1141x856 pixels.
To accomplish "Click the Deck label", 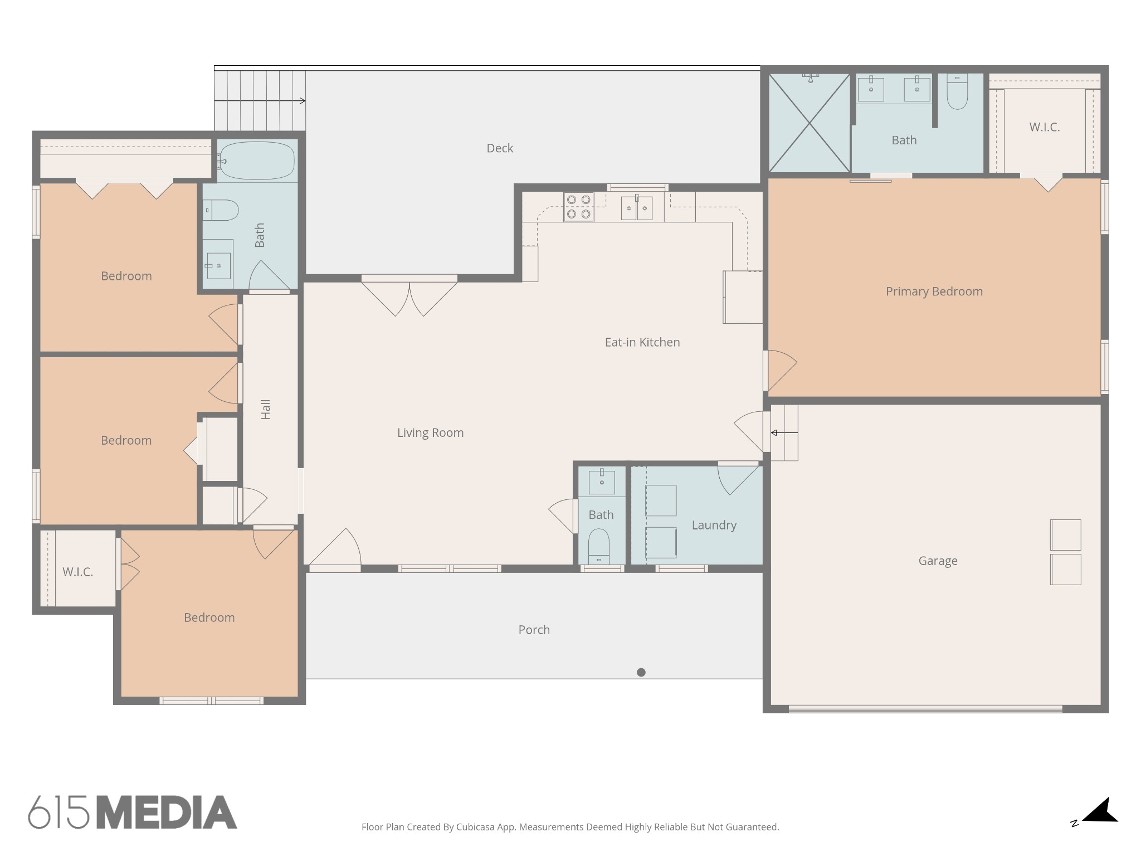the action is [x=500, y=148].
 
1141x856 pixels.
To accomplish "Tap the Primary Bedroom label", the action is [x=934, y=291].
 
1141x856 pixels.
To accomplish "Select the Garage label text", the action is [x=938, y=561].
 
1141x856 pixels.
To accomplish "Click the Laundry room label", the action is [x=714, y=526].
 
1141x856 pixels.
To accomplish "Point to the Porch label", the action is [x=534, y=630].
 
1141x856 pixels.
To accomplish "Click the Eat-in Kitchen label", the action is [x=642, y=342].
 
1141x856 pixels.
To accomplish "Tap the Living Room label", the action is [x=430, y=433].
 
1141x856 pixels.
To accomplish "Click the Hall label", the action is [x=266, y=410].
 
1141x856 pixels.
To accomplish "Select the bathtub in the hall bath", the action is [x=256, y=160].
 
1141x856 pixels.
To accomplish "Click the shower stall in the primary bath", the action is [x=810, y=123].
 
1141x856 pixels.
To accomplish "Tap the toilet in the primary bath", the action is [x=957, y=92].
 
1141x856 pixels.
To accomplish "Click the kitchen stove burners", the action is [x=578, y=207].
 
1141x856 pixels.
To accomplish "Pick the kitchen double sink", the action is [x=637, y=207].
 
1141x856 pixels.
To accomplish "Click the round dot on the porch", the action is [x=641, y=672].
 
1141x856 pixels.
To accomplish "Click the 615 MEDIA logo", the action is [x=133, y=812].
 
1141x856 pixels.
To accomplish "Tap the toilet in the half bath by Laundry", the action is [x=599, y=547].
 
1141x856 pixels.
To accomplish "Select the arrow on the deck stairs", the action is [x=260, y=101].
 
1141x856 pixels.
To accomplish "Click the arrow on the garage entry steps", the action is [x=784, y=432].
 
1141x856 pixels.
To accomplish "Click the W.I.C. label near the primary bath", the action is [x=1045, y=127].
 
